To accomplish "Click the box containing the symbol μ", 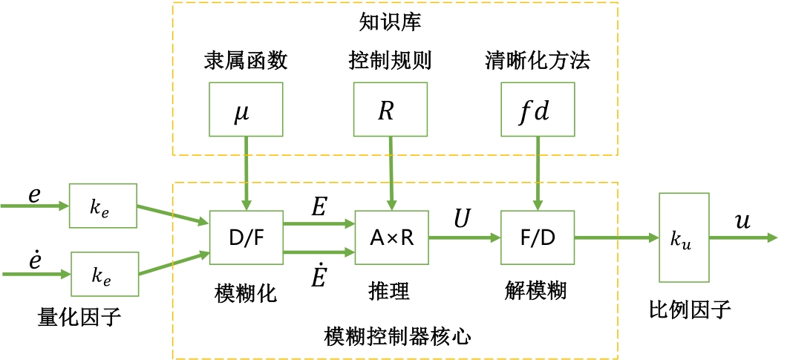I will click(x=246, y=110).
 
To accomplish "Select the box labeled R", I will click(x=390, y=110).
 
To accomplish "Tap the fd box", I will click(x=537, y=110).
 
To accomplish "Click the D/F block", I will click(x=246, y=238).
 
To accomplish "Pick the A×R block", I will click(x=391, y=238).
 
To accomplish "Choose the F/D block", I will click(x=538, y=238).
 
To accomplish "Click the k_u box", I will click(x=684, y=238).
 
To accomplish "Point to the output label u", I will click(x=742, y=221).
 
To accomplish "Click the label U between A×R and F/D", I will click(x=463, y=220).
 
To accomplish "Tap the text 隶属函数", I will click(x=246, y=61).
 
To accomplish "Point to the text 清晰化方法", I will click(x=537, y=61).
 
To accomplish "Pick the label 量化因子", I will click(x=79, y=318).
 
